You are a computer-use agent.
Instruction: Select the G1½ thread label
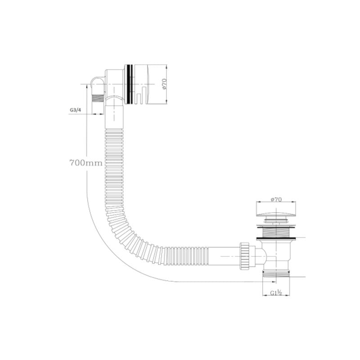[276, 293]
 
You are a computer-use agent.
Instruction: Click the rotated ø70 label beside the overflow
[165, 84]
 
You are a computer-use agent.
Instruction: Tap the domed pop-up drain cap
[275, 210]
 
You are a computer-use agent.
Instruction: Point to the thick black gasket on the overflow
[130, 84]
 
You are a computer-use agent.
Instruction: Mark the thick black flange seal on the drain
[276, 237]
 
